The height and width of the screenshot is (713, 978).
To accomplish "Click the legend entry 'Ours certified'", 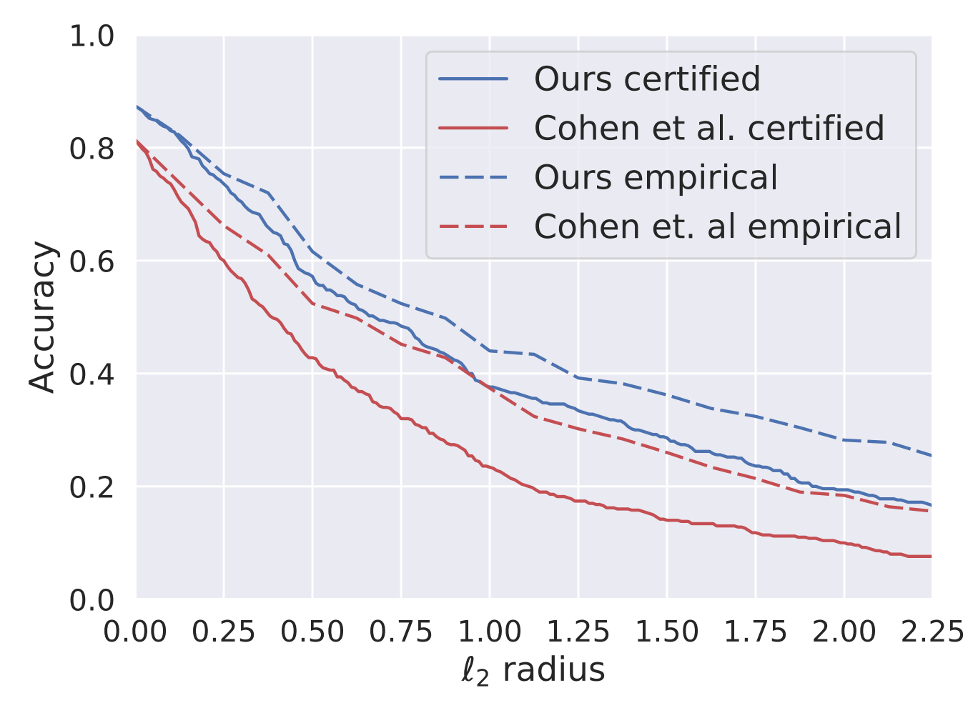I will [647, 79].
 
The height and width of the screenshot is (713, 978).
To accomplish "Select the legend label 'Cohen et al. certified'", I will [709, 129].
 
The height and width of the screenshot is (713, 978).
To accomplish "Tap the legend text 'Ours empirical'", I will [656, 178].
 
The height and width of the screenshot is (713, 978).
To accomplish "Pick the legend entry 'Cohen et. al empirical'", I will [718, 227].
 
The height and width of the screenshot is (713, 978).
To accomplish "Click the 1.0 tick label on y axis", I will [92, 36].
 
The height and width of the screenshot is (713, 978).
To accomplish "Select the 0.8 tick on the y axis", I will [92, 149].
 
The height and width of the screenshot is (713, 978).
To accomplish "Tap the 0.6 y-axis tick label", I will [92, 261].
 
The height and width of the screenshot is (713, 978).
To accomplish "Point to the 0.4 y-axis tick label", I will [92, 374].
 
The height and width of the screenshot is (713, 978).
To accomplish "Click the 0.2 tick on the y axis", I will [92, 487].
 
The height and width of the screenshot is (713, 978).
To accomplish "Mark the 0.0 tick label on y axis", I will [92, 600].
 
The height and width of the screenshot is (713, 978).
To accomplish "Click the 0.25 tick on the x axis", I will [224, 632].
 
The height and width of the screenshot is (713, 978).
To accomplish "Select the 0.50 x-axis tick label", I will [312, 632].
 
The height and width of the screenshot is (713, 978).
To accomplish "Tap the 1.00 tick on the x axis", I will [490, 632].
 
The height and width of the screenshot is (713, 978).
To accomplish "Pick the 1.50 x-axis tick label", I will [666, 632].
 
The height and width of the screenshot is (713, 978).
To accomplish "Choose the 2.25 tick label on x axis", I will [931, 632].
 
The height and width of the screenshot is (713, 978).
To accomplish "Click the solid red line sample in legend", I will [473, 129].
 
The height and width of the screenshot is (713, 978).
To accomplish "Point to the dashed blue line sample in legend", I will [473, 178].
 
